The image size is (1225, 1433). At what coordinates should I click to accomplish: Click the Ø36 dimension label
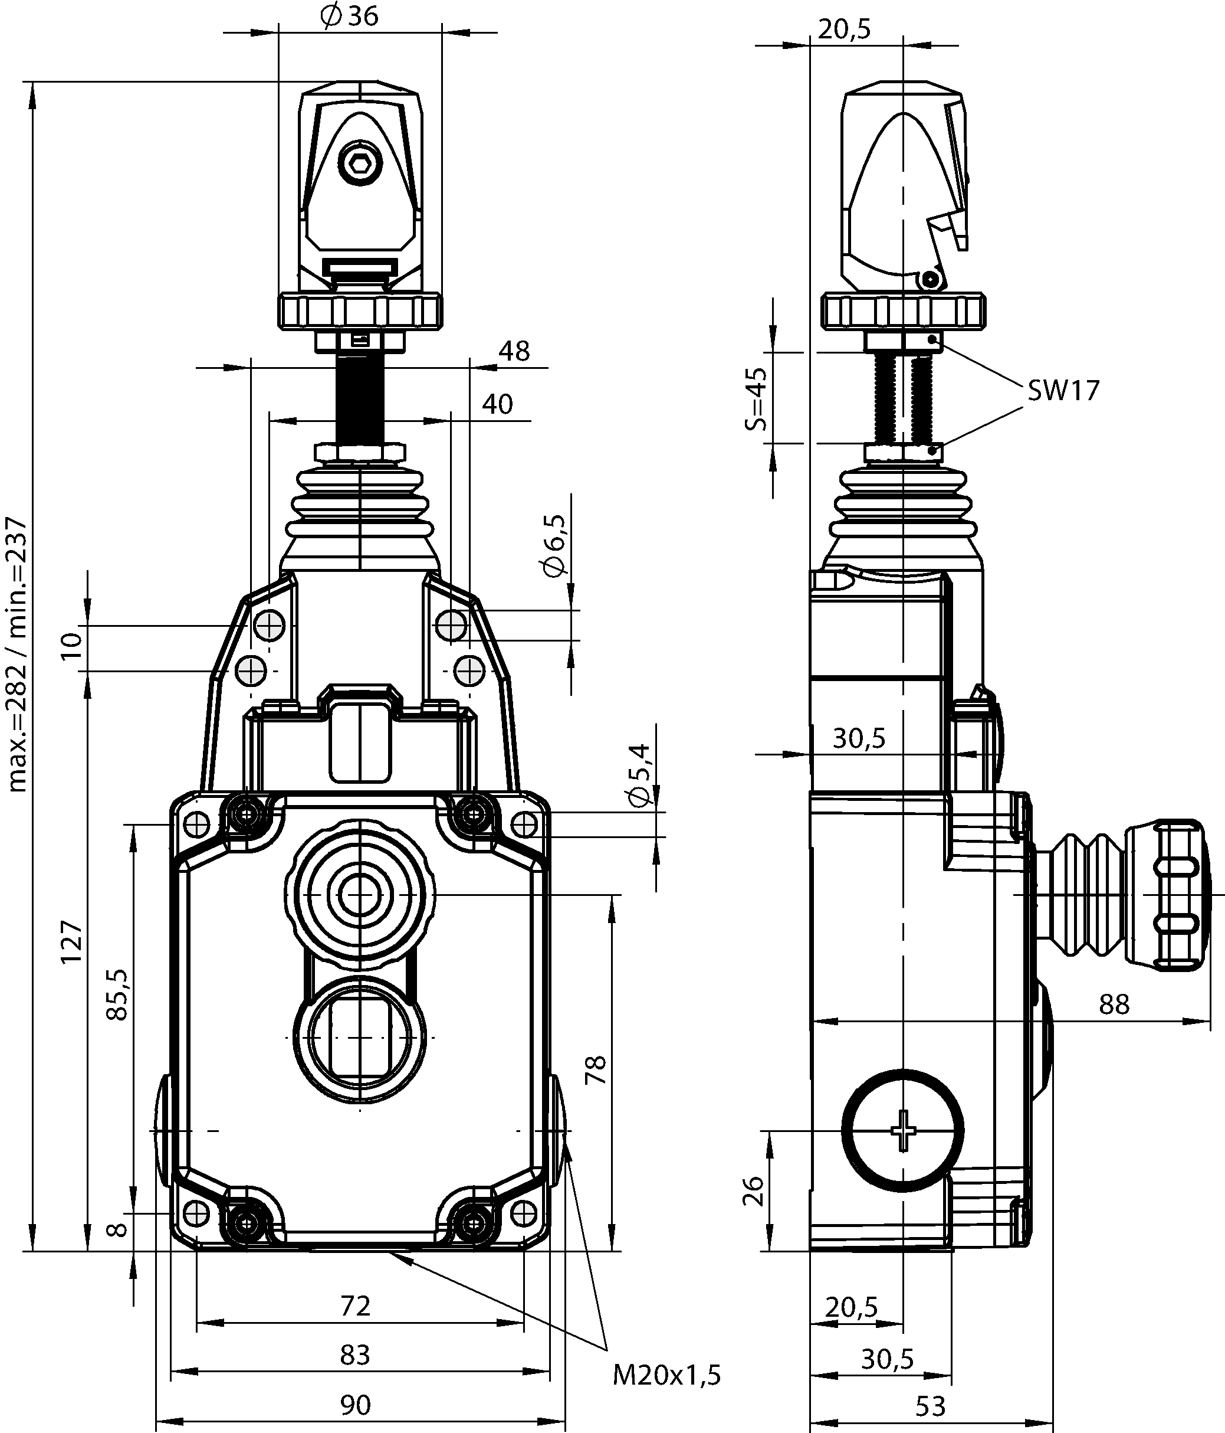350,17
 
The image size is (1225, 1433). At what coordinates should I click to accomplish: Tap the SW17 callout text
1063,391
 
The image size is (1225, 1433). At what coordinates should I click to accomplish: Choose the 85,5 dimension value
117,994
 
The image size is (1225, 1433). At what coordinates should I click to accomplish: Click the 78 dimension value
596,1070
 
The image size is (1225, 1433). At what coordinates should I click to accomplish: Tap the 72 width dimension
355,1305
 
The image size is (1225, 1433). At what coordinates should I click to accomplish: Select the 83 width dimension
355,1354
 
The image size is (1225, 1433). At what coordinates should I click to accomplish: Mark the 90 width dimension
355,1405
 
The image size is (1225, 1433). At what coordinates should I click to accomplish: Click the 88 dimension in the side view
1114,1023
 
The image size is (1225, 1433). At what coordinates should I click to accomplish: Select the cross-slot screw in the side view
903,1130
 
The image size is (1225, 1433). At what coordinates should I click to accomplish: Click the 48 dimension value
514,351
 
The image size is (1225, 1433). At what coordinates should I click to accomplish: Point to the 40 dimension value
498,404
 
